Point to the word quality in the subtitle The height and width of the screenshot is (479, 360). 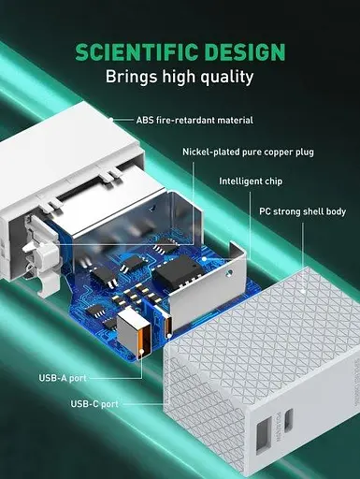(x=230, y=78)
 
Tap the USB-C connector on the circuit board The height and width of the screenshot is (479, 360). (x=168, y=324)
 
